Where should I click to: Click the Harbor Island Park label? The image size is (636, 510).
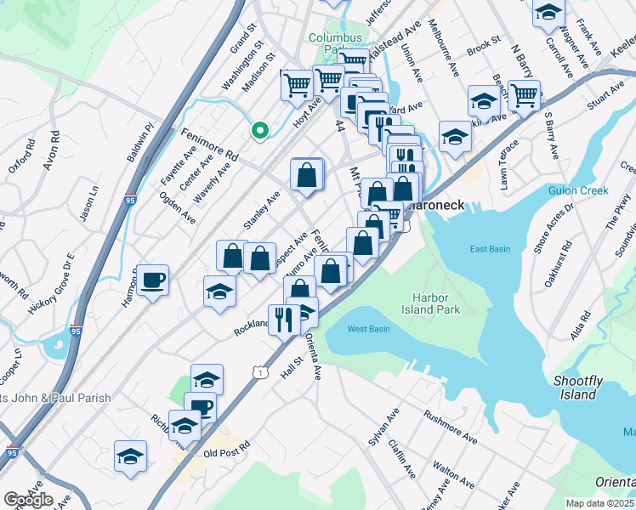click(436, 303)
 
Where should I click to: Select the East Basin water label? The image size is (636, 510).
click(491, 248)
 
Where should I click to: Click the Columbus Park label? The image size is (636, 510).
click(335, 43)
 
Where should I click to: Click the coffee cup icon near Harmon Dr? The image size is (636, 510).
click(153, 280)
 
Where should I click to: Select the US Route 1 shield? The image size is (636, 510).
click(258, 372)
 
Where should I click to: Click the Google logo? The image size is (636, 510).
click(28, 500)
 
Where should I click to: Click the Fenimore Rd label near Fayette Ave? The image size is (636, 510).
click(209, 144)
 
